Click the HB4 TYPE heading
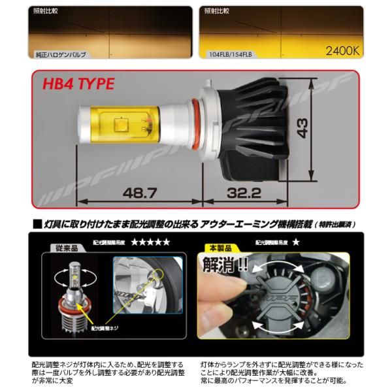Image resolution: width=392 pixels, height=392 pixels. [78, 84]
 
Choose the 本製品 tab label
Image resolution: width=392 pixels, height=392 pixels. [216, 249]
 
